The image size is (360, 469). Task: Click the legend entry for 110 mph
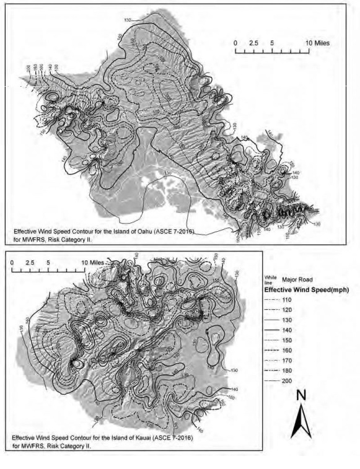(277, 299)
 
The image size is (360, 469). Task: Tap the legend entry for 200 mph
(277, 382)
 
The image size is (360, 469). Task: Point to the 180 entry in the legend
(277, 372)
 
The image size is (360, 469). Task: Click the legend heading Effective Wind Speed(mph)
(304, 289)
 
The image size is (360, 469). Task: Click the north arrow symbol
(301, 421)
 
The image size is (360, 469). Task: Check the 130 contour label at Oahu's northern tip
(128, 21)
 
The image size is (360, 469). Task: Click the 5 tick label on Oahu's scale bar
(273, 44)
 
